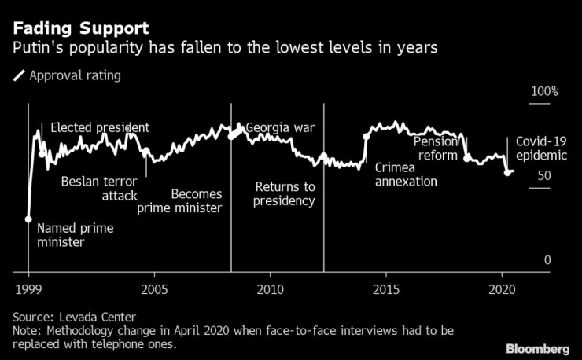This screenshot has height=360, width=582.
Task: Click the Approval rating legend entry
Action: [74, 76]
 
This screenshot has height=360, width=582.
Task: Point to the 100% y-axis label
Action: [543, 92]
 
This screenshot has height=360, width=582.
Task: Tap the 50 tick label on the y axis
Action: [543, 176]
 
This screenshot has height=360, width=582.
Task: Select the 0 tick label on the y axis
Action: [547, 260]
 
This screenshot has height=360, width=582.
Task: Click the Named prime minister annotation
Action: [76, 235]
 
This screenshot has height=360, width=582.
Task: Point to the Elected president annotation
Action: [100, 127]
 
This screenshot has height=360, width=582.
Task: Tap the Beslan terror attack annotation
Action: [99, 189]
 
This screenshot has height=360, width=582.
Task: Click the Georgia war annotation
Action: [280, 127]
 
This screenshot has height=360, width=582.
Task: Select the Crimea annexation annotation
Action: [406, 174]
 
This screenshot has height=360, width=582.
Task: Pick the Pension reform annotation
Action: [435, 149]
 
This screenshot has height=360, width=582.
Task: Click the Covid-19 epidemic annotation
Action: [541, 149]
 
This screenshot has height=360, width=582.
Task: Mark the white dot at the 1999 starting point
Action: [28, 219]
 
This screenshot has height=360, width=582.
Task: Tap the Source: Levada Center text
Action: [80, 317]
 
